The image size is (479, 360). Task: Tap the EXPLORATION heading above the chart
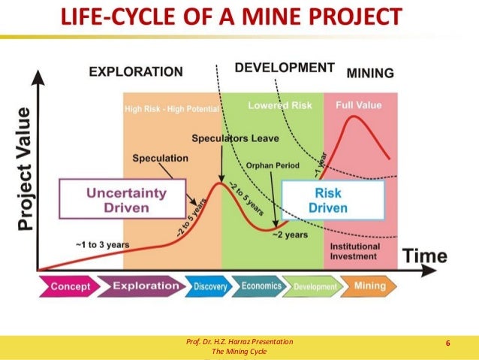[x=136, y=72]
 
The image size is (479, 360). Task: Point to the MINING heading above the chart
[x=369, y=73]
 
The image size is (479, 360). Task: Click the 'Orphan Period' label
[x=273, y=165]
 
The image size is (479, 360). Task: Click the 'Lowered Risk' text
[x=280, y=106]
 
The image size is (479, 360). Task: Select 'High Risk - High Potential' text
[x=172, y=110]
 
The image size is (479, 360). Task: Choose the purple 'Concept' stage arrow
[x=70, y=286]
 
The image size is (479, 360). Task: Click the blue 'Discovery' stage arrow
[x=211, y=286]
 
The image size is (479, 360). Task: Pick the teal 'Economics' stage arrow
[x=261, y=286]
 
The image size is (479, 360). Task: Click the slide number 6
[x=447, y=343]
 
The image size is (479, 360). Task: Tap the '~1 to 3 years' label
[x=102, y=244]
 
